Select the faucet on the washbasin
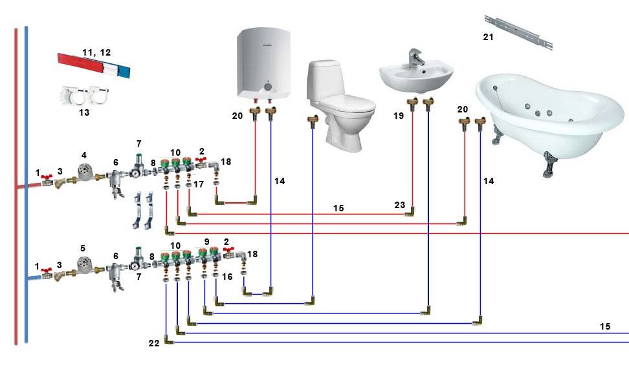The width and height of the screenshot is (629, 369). click(x=415, y=59)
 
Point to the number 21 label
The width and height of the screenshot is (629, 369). click(x=488, y=37)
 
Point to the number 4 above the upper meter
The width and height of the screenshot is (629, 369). click(x=83, y=155)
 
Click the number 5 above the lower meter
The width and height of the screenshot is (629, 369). click(x=82, y=248)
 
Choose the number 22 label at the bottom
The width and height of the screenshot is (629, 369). click(x=153, y=342)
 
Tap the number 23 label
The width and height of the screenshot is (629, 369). click(x=400, y=206)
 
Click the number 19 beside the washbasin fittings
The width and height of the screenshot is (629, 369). click(x=397, y=115)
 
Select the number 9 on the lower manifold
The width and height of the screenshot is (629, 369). click(x=206, y=242)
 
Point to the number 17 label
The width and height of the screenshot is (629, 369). click(x=199, y=185)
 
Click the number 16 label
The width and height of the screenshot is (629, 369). click(x=226, y=276)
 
